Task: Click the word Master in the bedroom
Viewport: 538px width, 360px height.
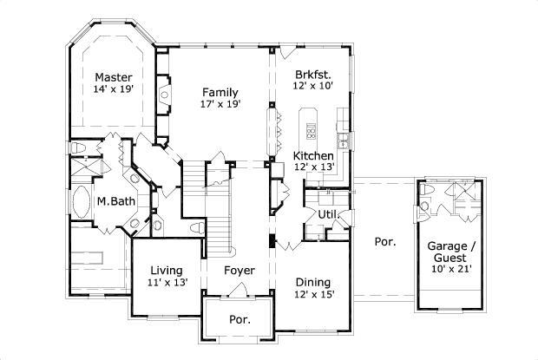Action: (x=113, y=76)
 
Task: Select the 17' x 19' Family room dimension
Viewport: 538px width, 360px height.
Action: (x=220, y=104)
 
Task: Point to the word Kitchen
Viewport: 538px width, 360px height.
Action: (x=313, y=155)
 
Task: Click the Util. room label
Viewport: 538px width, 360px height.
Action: (x=327, y=213)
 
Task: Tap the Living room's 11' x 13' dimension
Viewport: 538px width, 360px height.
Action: (x=166, y=283)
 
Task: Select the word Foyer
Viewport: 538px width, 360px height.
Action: (x=239, y=271)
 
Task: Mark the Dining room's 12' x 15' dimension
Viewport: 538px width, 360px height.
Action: (x=312, y=295)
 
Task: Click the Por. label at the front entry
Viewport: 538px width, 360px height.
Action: (x=239, y=319)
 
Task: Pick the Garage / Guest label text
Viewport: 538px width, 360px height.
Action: (x=451, y=252)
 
